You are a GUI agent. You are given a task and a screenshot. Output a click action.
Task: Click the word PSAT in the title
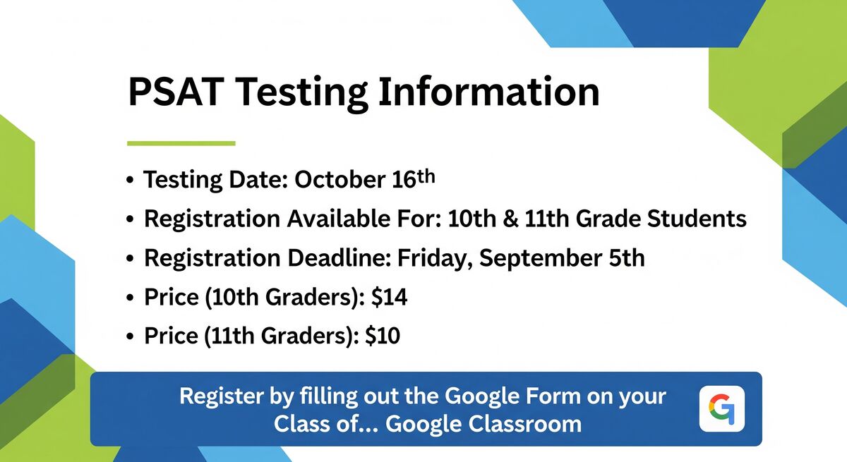tap(175, 92)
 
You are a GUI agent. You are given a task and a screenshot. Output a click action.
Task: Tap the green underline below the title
tap(181, 143)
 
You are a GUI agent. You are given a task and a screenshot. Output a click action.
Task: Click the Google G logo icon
tap(722, 408)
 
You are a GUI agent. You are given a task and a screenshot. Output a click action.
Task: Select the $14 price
tap(389, 297)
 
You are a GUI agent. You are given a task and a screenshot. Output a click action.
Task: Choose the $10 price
tap(383, 336)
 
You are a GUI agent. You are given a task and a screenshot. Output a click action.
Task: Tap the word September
tap(541, 258)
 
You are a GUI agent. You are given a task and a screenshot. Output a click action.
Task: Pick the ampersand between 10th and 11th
tap(510, 219)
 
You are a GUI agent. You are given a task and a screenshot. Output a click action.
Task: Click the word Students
tap(697, 219)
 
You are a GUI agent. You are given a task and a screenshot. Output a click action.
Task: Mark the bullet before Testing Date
tap(130, 180)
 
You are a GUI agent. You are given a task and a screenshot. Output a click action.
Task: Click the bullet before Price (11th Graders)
tap(130, 336)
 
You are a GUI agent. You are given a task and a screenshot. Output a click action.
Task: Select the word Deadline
tap(339, 258)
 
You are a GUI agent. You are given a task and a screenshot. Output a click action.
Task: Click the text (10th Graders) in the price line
tap(284, 297)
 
